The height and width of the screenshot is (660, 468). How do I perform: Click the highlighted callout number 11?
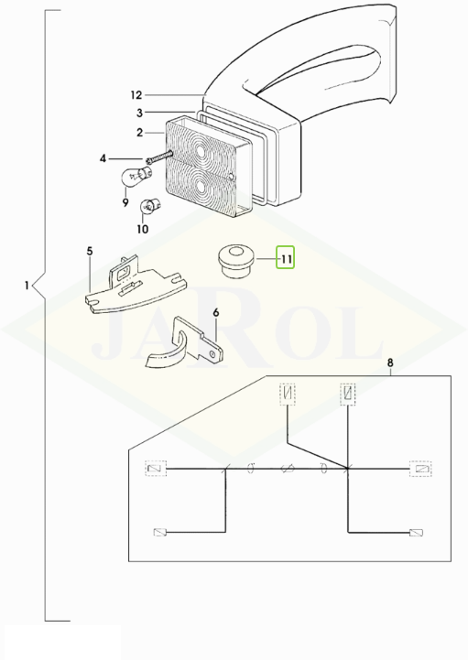click(286, 258)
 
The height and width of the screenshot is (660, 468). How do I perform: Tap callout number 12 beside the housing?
click(136, 95)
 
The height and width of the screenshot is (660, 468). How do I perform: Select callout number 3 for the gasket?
click(140, 113)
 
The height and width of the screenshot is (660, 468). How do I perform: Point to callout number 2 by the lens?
click(140, 133)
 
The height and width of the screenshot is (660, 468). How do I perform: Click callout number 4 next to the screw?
click(103, 158)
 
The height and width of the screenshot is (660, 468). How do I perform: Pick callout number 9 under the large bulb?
click(125, 203)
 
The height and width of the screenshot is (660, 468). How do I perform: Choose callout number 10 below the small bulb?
click(143, 229)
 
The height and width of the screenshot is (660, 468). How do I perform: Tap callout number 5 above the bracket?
click(90, 252)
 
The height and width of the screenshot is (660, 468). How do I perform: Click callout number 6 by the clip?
click(216, 313)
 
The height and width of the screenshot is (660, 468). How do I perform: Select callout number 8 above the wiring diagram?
click(390, 362)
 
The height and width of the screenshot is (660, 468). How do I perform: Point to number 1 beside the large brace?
click(27, 286)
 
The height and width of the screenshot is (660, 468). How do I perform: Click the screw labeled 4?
click(159, 157)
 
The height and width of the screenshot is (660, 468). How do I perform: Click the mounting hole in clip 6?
click(215, 355)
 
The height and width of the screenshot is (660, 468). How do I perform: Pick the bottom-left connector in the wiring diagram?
click(160, 533)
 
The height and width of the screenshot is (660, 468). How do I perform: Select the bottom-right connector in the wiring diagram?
click(416, 533)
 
